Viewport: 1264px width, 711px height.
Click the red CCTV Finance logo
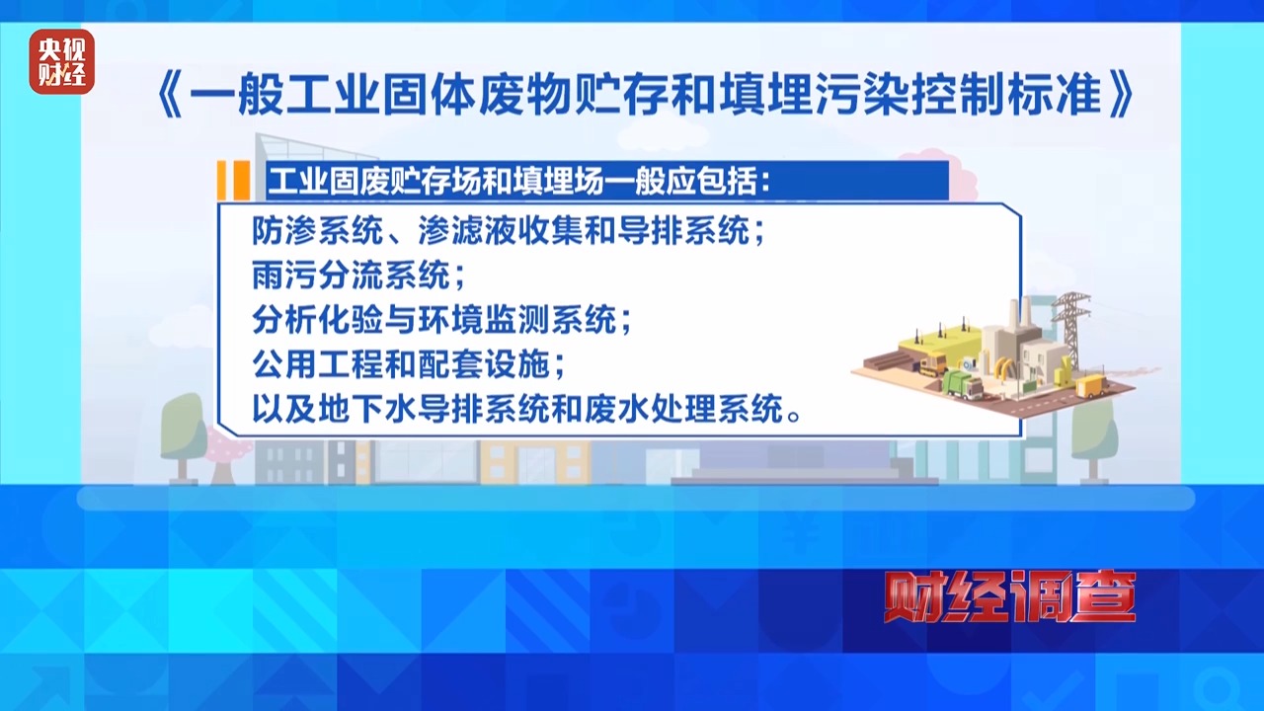pyautogui.click(x=61, y=61)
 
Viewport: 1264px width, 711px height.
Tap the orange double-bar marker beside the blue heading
pyautogui.click(x=232, y=181)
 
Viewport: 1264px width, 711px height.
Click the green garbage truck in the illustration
pyautogui.click(x=962, y=383)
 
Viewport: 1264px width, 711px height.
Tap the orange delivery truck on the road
pyautogui.click(x=1089, y=384)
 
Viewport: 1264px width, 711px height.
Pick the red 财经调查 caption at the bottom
pyautogui.click(x=1009, y=598)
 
